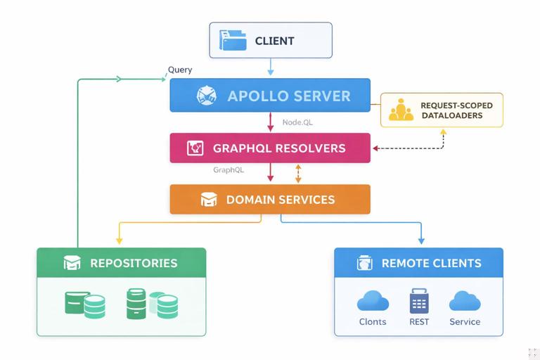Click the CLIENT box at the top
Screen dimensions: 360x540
pyautogui.click(x=271, y=40)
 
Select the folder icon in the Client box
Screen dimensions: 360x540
pyautogui.click(x=233, y=40)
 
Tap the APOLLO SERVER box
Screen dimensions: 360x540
pyautogui.click(x=270, y=96)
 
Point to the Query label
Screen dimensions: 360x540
pyautogui.click(x=180, y=70)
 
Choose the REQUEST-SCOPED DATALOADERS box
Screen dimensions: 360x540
pyautogui.click(x=442, y=110)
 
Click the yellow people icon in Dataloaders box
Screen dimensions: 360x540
pyautogui.click(x=401, y=110)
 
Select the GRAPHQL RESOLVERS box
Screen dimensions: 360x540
pyautogui.click(x=270, y=148)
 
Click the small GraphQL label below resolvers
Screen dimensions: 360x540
pyautogui.click(x=229, y=170)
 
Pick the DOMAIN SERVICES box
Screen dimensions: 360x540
pyautogui.click(x=270, y=200)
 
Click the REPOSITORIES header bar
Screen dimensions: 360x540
pyautogui.click(x=121, y=263)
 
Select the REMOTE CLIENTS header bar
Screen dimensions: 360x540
pyautogui.click(x=418, y=263)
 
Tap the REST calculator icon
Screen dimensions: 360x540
pyautogui.click(x=419, y=301)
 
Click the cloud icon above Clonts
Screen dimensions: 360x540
pyautogui.click(x=373, y=301)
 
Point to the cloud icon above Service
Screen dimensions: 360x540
pyautogui.click(x=465, y=301)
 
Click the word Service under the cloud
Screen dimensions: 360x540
pyautogui.click(x=465, y=322)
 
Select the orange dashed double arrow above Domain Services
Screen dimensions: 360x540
pyautogui.click(x=298, y=174)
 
